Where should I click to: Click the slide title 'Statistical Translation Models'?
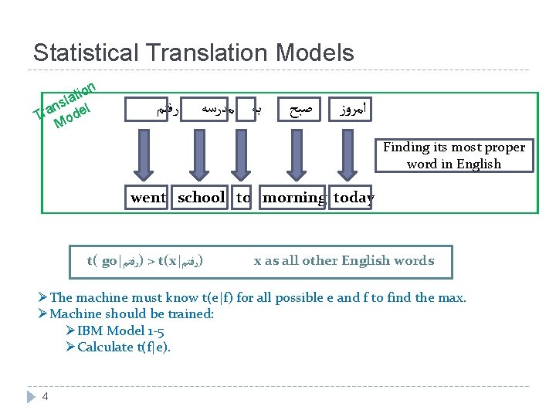[x=194, y=53]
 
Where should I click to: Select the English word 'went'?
[x=147, y=198]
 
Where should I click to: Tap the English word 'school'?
[x=201, y=198]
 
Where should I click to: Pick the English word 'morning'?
[x=293, y=198]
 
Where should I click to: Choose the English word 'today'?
[x=353, y=198]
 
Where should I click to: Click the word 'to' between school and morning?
[x=243, y=198]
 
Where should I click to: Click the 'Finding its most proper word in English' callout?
[x=453, y=155]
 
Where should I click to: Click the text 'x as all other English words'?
[x=344, y=261]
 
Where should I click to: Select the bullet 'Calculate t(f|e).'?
[x=124, y=347]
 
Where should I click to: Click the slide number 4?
[x=46, y=397]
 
